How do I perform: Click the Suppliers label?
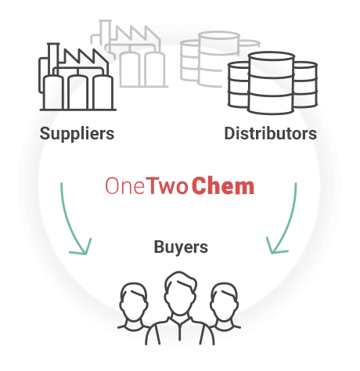point(77,134)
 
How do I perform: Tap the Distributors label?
point(271,133)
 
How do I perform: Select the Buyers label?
point(181,247)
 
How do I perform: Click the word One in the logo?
point(124,185)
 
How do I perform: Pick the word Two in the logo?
point(167,185)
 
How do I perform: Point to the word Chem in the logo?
point(223,185)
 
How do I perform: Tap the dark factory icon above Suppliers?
point(77,77)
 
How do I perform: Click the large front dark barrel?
point(271,83)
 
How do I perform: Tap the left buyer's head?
point(134,301)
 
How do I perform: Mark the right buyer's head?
point(224,301)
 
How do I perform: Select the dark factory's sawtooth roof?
point(86,57)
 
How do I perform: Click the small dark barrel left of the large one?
point(238,85)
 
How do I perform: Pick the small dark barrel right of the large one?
point(305,85)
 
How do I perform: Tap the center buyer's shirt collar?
point(180,322)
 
